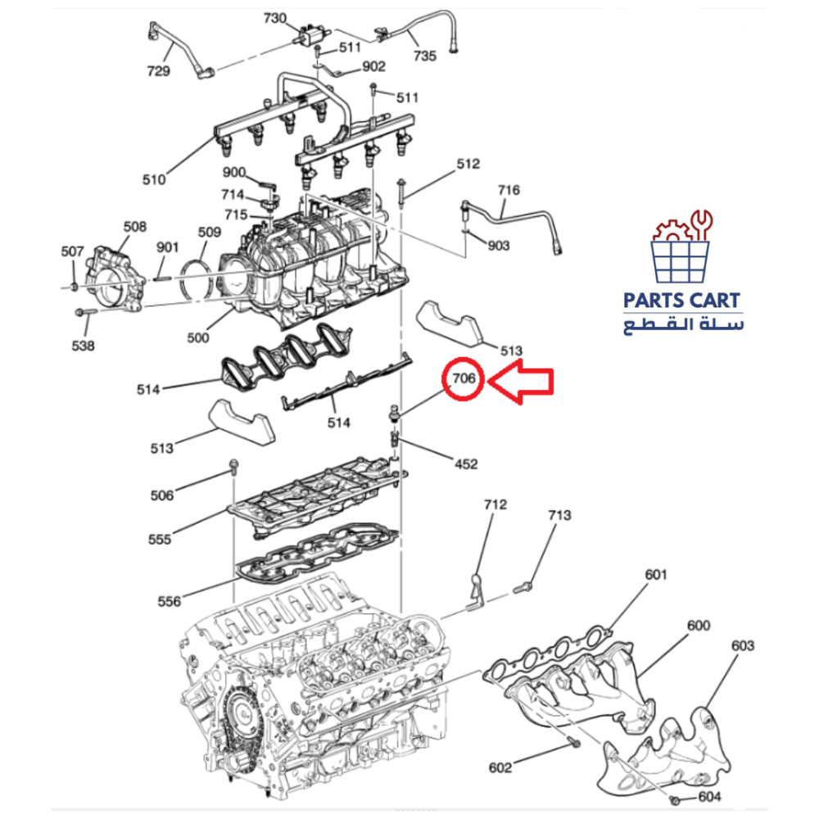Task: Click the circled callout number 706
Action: pos(464,379)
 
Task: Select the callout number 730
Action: pos(275,18)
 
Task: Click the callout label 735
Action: pos(425,56)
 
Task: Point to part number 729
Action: pos(158,71)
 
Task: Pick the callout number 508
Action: pos(135,226)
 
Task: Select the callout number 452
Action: pos(464,464)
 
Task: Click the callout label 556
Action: pos(169,602)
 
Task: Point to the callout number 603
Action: pos(743,645)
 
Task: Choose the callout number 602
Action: pos(500,767)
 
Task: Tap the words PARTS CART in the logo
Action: pos(681,301)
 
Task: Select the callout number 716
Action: pos(509,190)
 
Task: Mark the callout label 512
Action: pos(468,164)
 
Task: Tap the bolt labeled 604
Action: pos(673,799)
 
